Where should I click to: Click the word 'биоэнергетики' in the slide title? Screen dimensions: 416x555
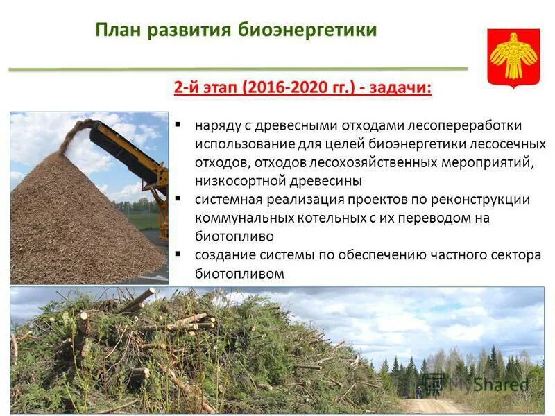[x=307, y=31]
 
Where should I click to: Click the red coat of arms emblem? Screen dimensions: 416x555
[x=513, y=56]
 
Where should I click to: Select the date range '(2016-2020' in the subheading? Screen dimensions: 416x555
[x=266, y=89]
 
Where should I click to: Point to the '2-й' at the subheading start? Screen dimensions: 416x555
[x=185, y=89]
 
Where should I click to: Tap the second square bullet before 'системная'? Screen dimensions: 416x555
[x=178, y=199]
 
